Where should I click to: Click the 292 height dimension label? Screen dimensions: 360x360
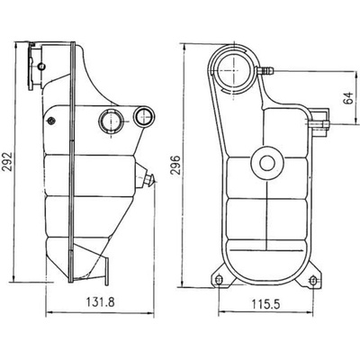(x=7, y=162)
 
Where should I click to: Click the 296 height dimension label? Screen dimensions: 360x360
(x=175, y=165)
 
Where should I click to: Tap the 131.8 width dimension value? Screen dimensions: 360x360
(x=101, y=302)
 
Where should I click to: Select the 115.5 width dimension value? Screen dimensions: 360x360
(x=265, y=305)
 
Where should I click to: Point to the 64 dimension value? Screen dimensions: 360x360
(x=348, y=98)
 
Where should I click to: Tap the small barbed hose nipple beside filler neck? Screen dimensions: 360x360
(x=265, y=71)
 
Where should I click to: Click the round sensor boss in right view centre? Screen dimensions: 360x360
(x=267, y=163)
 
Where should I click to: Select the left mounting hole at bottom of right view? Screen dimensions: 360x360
(x=219, y=280)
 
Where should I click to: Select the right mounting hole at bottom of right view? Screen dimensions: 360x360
(x=313, y=281)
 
